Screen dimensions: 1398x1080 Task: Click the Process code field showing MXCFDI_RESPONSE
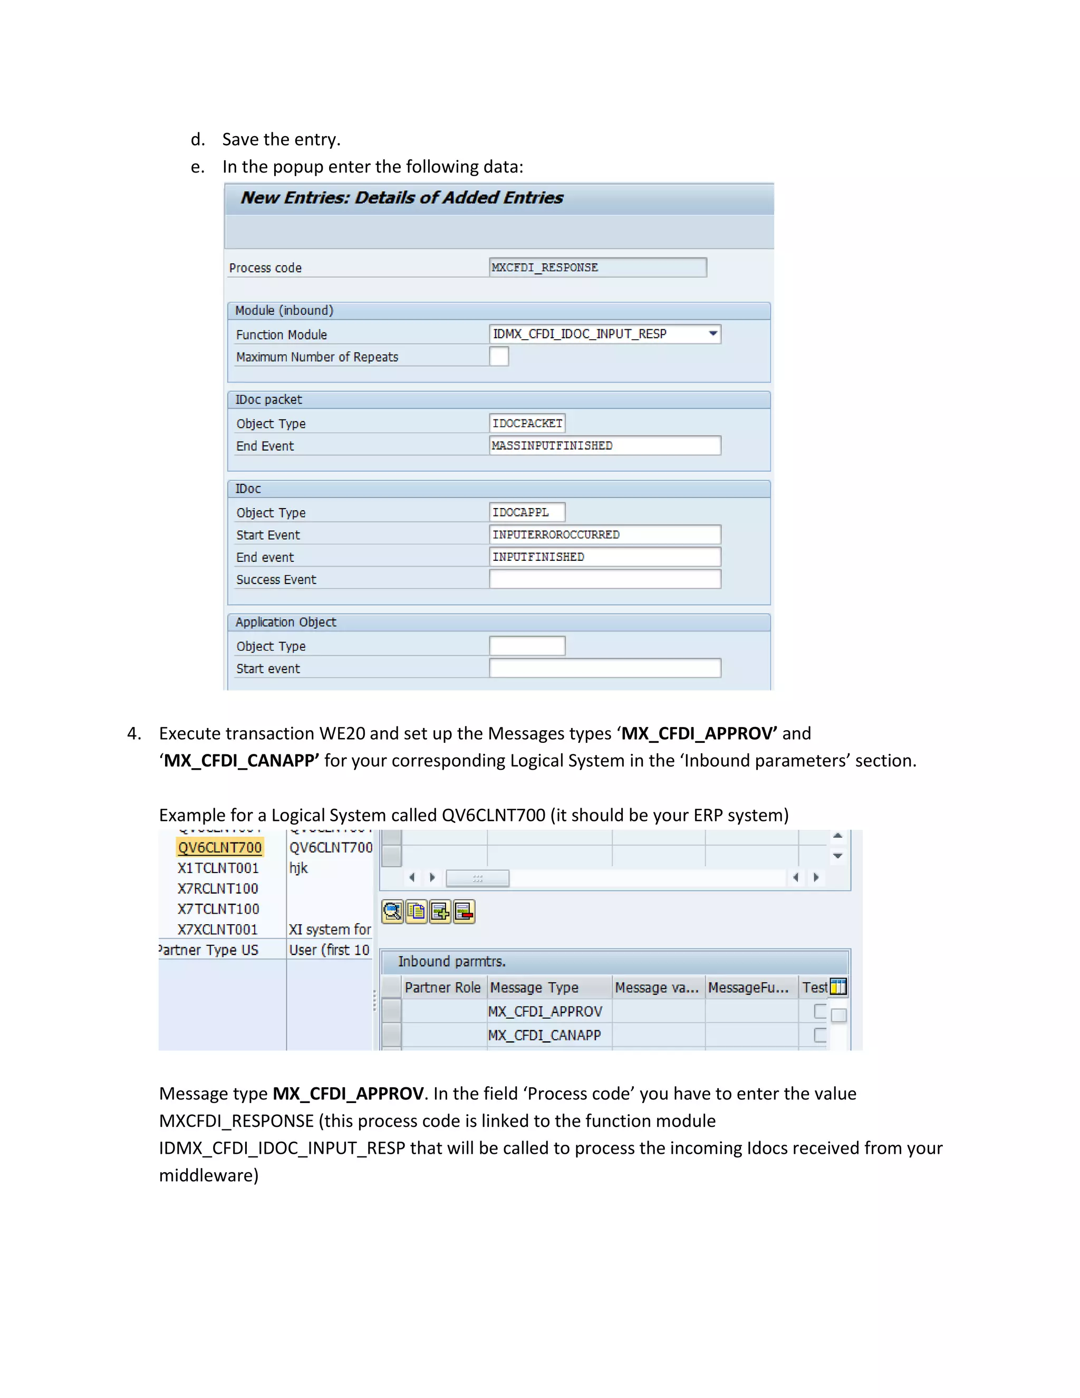point(597,267)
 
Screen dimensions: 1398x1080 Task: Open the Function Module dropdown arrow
point(712,333)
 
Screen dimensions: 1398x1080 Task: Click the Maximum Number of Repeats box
point(498,356)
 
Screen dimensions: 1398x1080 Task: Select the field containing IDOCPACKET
point(527,423)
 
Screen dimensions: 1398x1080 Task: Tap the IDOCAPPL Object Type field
point(527,512)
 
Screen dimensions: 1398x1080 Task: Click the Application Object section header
point(285,622)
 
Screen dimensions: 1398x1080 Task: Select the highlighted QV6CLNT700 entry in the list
point(219,848)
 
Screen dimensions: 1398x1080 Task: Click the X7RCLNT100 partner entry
point(218,888)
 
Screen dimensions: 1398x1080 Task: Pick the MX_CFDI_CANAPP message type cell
point(544,1035)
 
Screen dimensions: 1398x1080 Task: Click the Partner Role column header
point(442,988)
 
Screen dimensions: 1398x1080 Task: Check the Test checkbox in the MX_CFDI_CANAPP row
point(819,1035)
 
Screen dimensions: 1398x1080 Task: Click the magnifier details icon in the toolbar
point(392,912)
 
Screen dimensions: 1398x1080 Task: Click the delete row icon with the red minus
point(465,912)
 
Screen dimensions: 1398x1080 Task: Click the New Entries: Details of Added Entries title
point(402,198)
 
